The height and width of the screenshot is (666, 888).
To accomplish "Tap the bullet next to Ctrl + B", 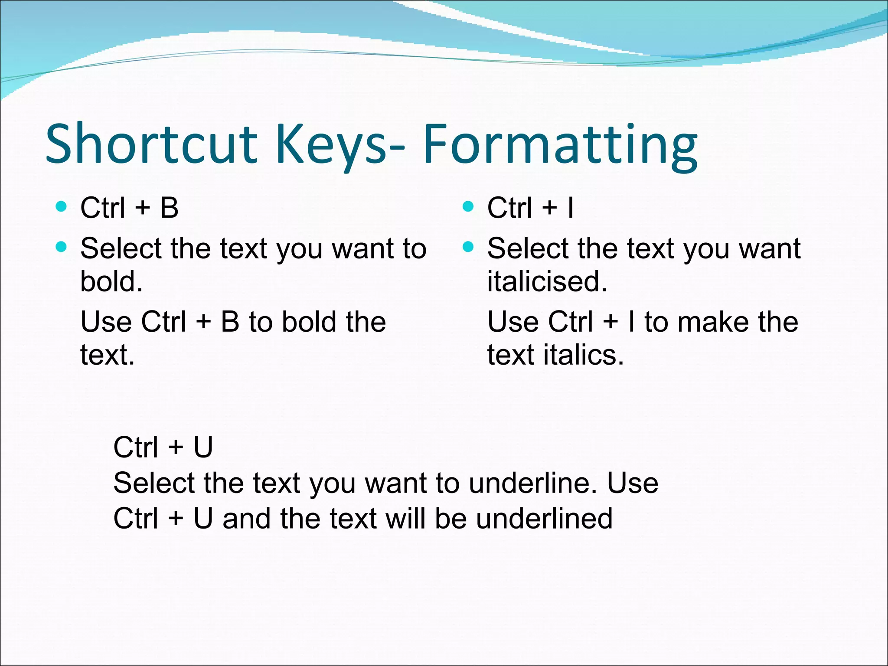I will (x=62, y=206).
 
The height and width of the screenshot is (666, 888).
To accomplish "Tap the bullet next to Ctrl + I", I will (x=468, y=206).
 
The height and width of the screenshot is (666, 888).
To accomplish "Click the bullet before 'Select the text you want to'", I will (x=62, y=247).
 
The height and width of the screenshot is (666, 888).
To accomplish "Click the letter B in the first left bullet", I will (x=169, y=208).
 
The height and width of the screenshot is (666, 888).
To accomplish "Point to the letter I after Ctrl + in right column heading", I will (x=570, y=208).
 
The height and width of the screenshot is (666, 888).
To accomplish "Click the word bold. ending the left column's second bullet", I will (x=111, y=281).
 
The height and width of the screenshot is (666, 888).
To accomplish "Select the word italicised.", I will (x=547, y=281).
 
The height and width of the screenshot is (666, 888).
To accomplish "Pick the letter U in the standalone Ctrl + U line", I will (x=203, y=447).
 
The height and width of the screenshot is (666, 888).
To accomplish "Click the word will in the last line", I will (x=406, y=519).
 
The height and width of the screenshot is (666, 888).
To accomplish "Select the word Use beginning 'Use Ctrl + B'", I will (x=106, y=322).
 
